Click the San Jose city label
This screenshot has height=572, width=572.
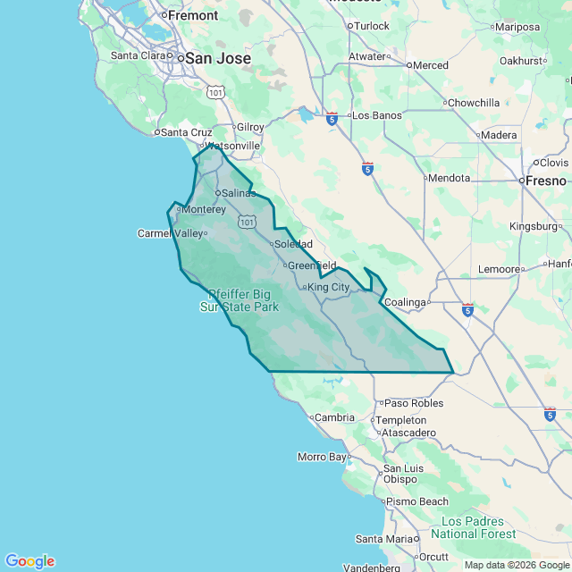pyautogui.click(x=218, y=58)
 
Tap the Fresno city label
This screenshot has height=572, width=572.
pyautogui.click(x=545, y=181)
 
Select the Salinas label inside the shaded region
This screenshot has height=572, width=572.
pyautogui.click(x=239, y=193)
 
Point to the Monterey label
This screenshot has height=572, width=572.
pyautogui.click(x=203, y=209)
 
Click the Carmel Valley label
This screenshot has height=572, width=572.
pyautogui.click(x=170, y=233)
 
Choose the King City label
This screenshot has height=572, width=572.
pyautogui.click(x=328, y=288)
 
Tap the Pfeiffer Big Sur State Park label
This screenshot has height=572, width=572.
pyautogui.click(x=239, y=300)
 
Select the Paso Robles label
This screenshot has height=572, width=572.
pyautogui.click(x=414, y=403)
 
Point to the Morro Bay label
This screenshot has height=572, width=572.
pyautogui.click(x=322, y=457)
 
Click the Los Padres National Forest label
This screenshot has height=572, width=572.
pyautogui.click(x=473, y=527)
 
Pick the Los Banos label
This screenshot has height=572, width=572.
pyautogui.click(x=377, y=116)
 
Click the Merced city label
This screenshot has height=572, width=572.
pyautogui.click(x=431, y=65)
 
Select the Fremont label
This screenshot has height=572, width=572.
pyautogui.click(x=193, y=15)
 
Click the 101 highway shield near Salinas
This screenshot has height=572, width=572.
pyautogui.click(x=248, y=221)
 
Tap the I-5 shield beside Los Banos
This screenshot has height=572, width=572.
pyautogui.click(x=332, y=117)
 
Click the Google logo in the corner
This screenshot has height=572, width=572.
pyautogui.click(x=29, y=561)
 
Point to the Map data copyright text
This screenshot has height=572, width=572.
pyautogui.click(x=516, y=565)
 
